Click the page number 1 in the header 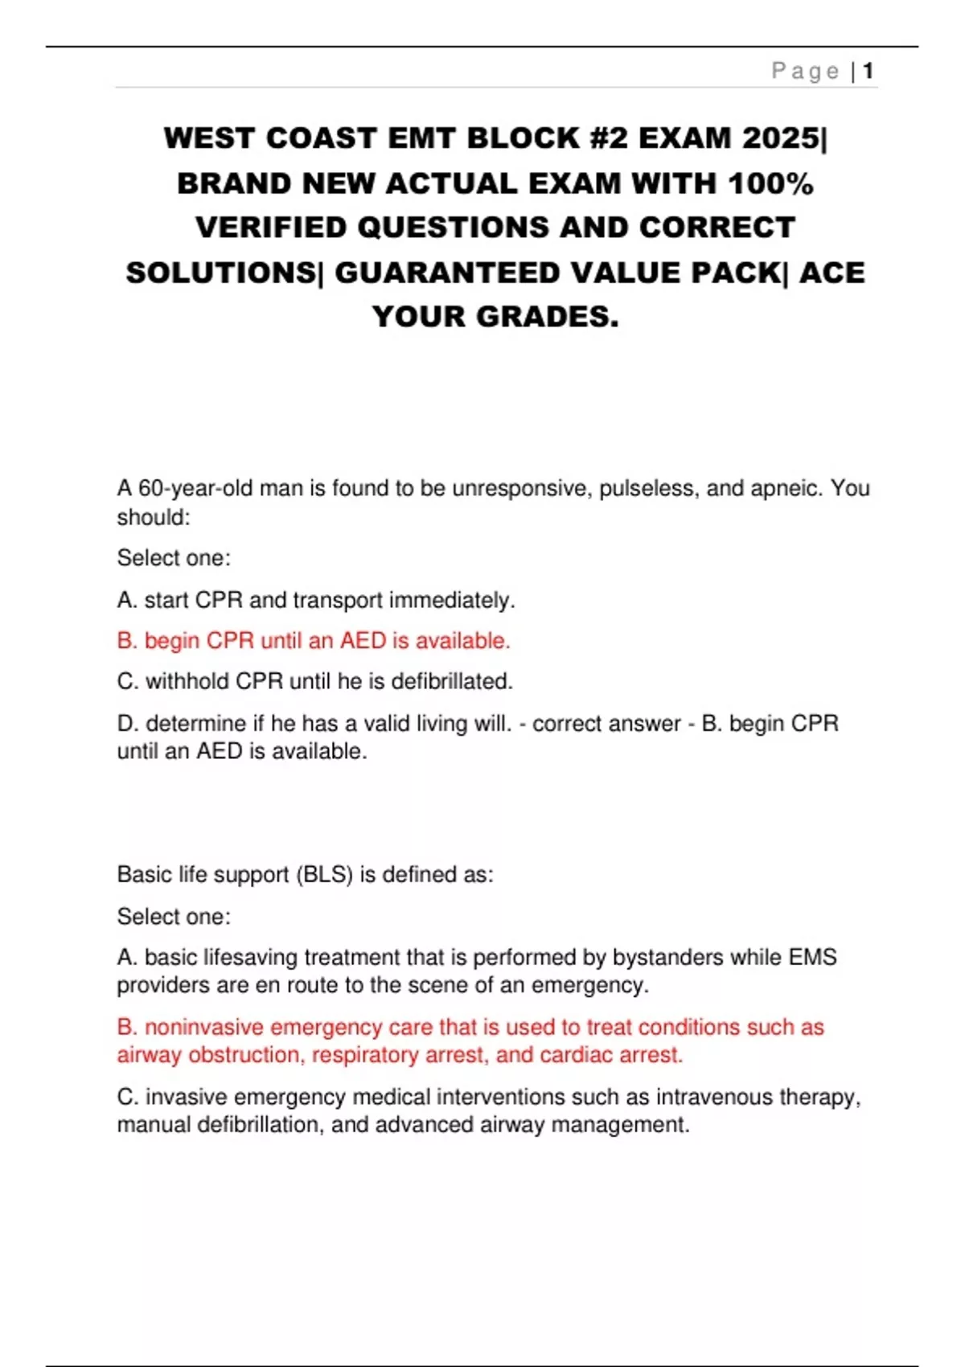click(x=868, y=72)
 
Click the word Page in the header click(x=805, y=72)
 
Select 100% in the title click(x=770, y=183)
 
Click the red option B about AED click(x=314, y=641)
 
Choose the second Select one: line click(x=174, y=917)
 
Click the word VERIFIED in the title click(x=270, y=228)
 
